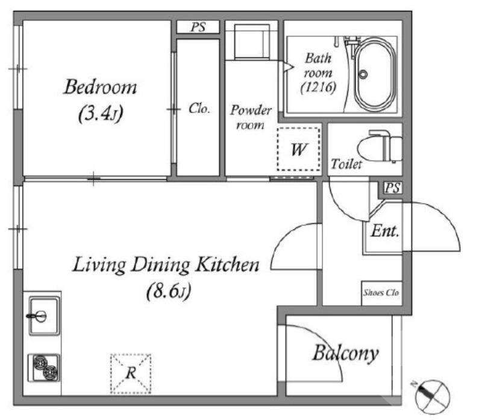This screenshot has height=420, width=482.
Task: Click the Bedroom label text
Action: pos(101,87)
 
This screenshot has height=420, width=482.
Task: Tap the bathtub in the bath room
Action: pos(375,74)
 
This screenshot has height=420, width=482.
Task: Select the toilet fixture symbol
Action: pos(381,146)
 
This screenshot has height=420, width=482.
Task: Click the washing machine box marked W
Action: pos(298,149)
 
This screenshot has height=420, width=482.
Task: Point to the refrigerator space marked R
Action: pos(131,374)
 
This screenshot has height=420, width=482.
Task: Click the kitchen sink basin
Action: pos(44,316)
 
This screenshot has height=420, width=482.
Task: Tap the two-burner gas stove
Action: pos(44,367)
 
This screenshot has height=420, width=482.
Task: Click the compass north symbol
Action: pos(432,396)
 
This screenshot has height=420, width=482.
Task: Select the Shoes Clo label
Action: pos(381,293)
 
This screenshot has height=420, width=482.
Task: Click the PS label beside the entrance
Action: pos(393,188)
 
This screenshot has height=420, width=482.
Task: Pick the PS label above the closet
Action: pos(198,27)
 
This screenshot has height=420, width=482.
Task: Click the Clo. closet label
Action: pos(199,109)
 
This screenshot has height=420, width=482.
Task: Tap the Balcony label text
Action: pos(345,354)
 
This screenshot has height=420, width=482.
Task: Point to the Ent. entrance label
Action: pos(385,231)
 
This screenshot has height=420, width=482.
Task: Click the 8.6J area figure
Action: pos(169,291)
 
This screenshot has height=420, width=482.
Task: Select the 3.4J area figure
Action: pos(101,113)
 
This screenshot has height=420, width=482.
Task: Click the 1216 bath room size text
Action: pos(318,87)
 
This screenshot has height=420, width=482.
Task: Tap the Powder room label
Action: pos(251,117)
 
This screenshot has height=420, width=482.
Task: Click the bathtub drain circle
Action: pos(363,74)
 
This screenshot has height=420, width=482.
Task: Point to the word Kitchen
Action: pos(228,265)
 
